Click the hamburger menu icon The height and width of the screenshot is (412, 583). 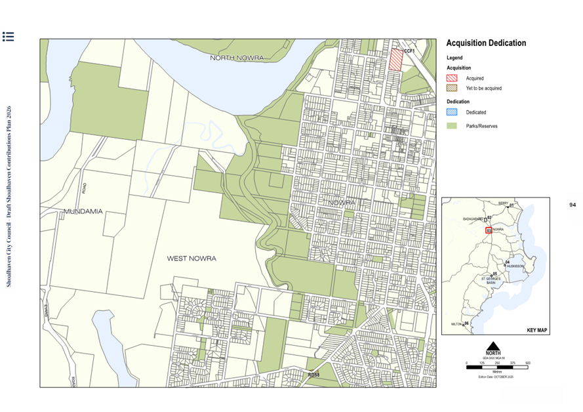coord(8,37)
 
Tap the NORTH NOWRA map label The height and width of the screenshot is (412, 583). coord(237,58)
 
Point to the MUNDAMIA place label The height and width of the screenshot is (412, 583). coord(83,211)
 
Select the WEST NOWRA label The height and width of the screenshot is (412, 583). coord(191,258)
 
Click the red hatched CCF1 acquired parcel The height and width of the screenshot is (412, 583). coord(395,60)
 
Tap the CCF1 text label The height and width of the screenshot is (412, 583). coord(409,51)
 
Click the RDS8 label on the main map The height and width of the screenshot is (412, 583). coord(313,375)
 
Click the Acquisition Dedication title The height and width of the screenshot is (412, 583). coord(486,43)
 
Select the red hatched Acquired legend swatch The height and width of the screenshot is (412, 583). coord(452,78)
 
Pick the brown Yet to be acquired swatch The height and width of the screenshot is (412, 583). coord(452,88)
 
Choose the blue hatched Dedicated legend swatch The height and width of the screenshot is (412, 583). coord(452,112)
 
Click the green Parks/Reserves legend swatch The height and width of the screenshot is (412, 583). coord(452,125)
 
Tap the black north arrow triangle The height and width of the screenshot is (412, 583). coord(493,346)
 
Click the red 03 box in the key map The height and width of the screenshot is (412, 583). coord(489,230)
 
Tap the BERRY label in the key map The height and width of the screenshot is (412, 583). coord(503,203)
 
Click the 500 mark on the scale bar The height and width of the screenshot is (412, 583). coord(527,363)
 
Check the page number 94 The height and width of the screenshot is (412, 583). coord(572,205)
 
